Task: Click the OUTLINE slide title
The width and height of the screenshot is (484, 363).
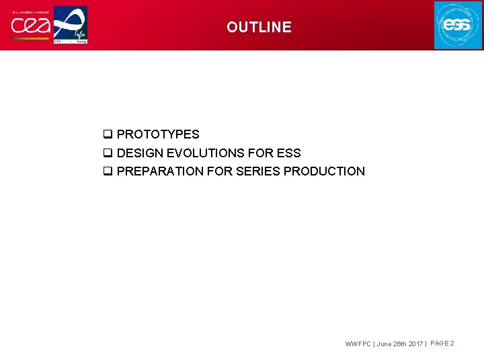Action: pyautogui.click(x=259, y=28)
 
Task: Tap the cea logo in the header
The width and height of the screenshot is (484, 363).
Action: pyautogui.click(x=30, y=26)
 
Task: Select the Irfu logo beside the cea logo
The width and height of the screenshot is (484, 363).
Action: pyautogui.click(x=71, y=26)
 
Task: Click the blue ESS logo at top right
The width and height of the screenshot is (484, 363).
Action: pyautogui.click(x=458, y=26)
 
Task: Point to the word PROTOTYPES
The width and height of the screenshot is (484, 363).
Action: pyautogui.click(x=158, y=134)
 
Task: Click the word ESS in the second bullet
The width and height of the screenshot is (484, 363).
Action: pyautogui.click(x=288, y=153)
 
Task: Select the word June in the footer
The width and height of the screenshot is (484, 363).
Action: pyautogui.click(x=385, y=344)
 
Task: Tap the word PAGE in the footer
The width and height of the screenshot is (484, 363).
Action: pyautogui.click(x=439, y=344)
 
